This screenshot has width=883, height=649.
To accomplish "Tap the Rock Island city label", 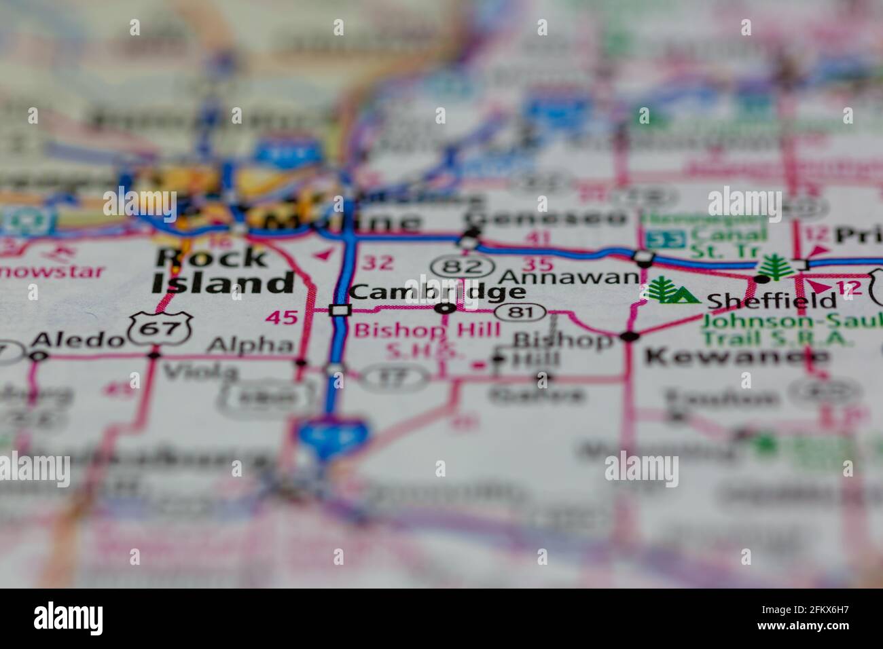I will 222,270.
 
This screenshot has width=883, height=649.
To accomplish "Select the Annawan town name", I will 569,277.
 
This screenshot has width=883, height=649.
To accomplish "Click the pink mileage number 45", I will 281,317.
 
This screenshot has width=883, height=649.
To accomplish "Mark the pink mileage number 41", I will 538,238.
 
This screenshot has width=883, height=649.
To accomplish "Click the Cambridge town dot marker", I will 446,309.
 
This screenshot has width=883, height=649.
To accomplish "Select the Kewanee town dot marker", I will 630,336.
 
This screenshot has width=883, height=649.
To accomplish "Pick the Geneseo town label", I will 546,218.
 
